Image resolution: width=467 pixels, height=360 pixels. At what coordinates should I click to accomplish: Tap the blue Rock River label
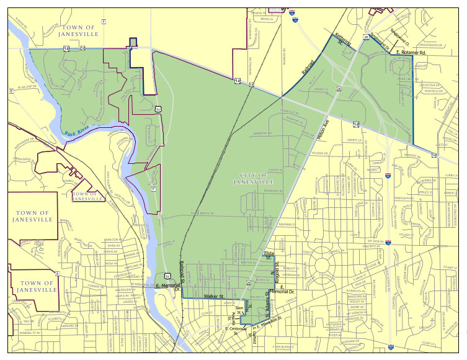click(79, 131)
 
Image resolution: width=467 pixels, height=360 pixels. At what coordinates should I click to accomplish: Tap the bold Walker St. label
click(213, 297)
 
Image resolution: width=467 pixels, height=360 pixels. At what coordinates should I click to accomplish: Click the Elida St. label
click(269, 256)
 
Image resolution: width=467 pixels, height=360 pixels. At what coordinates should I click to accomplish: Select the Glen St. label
click(238, 307)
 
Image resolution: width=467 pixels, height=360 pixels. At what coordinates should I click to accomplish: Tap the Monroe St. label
click(247, 305)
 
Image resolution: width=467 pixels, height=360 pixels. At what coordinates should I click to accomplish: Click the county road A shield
click(56, 273)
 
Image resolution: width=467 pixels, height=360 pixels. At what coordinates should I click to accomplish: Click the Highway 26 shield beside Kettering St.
click(367, 38)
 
